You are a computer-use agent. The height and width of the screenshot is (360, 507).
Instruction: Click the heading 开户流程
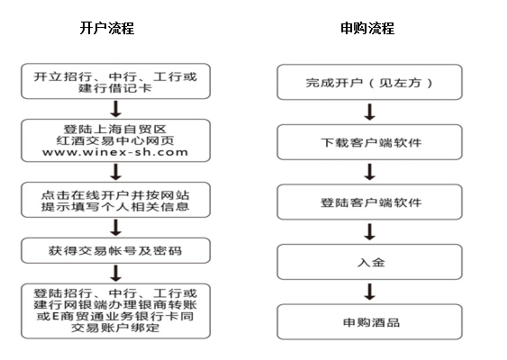pos(106,28)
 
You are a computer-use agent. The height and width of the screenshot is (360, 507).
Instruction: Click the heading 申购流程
pos(367,28)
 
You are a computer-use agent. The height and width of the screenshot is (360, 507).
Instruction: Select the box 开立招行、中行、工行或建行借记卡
pos(116,81)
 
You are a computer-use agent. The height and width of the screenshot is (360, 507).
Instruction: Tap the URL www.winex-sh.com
pos(115,152)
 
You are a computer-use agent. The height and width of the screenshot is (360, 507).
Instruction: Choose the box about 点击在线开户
pos(116,200)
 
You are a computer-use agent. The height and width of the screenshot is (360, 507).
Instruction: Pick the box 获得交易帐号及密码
pos(116,250)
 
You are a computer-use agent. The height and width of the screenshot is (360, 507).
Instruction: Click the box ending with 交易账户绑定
pos(116,310)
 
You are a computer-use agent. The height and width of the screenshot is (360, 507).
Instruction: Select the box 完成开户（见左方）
pos(369,82)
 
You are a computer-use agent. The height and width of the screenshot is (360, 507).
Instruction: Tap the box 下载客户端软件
pos(369,142)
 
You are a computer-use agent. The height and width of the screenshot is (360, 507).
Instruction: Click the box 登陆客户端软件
pos(369,202)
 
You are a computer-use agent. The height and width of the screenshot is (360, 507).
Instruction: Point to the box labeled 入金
pos(369,262)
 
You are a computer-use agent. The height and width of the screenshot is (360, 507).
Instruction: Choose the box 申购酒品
pos(369,321)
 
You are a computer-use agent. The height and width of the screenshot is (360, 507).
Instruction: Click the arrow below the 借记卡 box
pos(116,109)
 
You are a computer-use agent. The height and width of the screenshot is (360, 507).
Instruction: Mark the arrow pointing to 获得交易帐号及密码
pos(116,228)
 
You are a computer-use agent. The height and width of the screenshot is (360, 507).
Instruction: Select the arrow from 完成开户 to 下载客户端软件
pos(369,112)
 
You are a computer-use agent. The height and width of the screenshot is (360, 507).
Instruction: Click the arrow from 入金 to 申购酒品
pos(369,292)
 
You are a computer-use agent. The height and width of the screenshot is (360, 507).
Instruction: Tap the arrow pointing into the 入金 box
pos(369,232)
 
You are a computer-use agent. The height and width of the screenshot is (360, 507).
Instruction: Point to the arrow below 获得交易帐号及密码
pos(116,274)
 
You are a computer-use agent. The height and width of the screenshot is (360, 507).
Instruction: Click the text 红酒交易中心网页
pos(115,140)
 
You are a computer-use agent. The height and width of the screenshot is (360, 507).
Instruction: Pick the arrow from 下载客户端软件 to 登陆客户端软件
pos(369,172)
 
